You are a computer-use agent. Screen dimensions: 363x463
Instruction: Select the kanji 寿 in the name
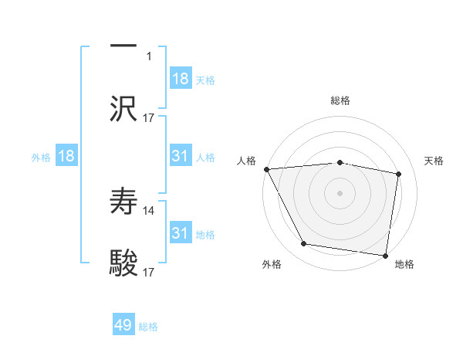tap(123, 202)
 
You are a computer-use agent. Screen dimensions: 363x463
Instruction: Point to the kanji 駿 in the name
tap(123, 263)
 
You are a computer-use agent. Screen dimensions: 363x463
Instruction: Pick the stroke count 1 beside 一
tap(149, 56)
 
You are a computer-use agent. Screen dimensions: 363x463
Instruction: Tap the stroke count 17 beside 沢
tap(149, 117)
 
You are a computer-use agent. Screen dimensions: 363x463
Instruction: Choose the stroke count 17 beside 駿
tap(149, 272)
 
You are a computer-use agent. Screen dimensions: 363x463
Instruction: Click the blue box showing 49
tap(123, 325)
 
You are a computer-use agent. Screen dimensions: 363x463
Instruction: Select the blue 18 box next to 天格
tap(181, 79)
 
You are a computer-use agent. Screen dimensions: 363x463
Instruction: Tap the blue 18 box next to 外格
tap(66, 156)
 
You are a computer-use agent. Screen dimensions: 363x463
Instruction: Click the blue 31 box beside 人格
tap(181, 156)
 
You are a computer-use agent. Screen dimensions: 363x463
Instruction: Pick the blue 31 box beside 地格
tap(181, 233)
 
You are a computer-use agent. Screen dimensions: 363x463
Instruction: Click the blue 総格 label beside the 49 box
tap(148, 327)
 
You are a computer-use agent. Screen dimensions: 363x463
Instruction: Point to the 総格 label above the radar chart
tap(340, 100)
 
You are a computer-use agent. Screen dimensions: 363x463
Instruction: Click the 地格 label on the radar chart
tap(404, 265)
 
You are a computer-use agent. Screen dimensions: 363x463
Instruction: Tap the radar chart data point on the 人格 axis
tap(266, 169)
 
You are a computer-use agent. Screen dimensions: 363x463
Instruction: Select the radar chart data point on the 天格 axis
tap(399, 174)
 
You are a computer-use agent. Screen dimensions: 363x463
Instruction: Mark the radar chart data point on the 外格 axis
tap(304, 244)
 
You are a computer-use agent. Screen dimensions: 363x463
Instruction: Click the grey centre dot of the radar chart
tap(340, 192)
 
